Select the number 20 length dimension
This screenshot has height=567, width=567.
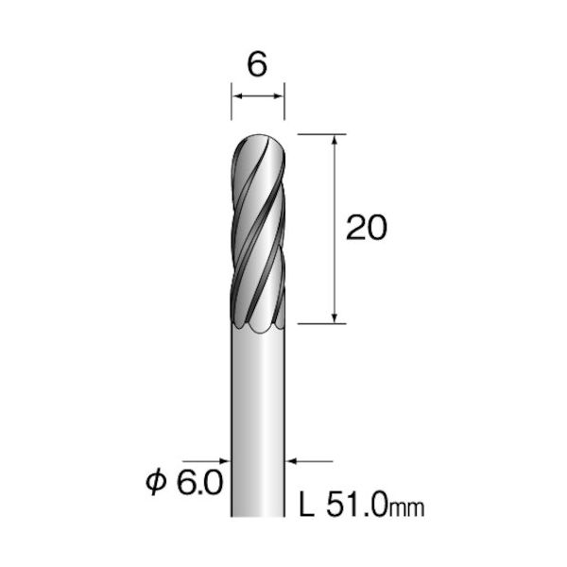367,229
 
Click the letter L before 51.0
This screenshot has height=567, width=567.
306,507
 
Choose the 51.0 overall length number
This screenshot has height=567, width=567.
354,507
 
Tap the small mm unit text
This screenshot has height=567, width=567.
409,509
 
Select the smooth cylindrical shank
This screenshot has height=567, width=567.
258,416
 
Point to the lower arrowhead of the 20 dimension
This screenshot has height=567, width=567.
335,318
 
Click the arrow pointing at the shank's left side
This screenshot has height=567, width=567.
225,461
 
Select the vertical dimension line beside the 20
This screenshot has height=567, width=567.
335,189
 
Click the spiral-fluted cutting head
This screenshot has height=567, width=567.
258,236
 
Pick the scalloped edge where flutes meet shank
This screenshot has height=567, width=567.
258,324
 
